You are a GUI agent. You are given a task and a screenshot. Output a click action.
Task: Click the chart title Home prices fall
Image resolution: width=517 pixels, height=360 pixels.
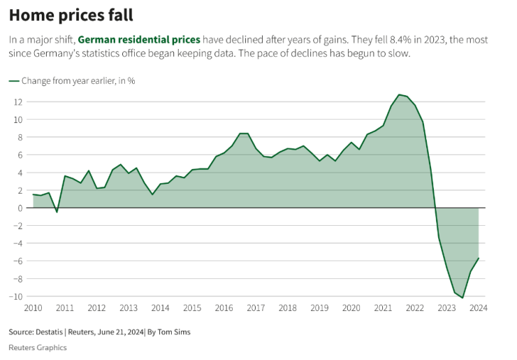pos(71,15)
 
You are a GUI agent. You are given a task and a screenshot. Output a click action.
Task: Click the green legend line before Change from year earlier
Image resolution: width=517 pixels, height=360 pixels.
pos(14,80)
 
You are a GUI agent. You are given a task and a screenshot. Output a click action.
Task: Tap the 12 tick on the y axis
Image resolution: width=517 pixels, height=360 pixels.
pos(18,102)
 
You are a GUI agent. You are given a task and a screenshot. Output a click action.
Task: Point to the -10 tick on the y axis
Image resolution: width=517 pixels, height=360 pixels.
pos(16,296)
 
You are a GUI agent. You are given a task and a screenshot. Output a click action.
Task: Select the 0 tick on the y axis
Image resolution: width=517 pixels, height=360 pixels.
pos(21,208)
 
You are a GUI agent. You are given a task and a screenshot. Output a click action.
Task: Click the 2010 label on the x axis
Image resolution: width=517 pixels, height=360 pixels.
pos(33,308)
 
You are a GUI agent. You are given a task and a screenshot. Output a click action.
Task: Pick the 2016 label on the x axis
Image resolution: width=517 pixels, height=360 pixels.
pos(224,308)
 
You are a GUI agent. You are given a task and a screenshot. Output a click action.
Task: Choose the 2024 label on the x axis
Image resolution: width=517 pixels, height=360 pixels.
pos(478,308)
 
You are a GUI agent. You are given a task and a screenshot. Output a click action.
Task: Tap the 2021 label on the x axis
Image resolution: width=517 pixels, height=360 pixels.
pos(383,308)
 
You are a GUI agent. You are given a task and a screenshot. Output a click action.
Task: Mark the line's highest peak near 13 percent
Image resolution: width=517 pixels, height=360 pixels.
pos(399,94)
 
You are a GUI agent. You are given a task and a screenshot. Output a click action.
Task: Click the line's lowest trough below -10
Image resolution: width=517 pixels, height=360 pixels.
pos(463,298)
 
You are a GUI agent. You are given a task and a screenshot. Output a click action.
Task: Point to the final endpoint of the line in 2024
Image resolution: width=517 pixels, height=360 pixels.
pos(479,258)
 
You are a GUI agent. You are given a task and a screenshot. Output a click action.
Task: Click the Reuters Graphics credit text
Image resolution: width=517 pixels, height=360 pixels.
pos(38,347)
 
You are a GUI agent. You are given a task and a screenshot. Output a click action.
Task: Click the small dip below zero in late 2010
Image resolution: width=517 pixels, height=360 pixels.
pos(57,212)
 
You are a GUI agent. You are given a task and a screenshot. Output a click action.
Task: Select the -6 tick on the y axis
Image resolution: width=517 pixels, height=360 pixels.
pos(18,261)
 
